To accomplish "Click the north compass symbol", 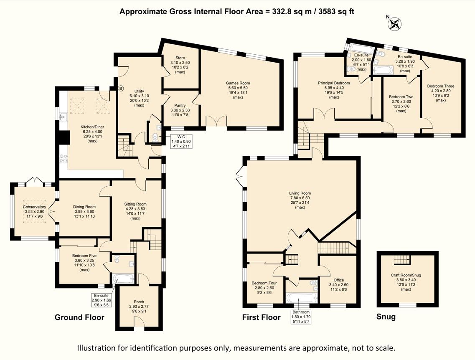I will pos(394,23).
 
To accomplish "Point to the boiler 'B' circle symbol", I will pos(121,89).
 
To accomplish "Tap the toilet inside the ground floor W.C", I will pos(155,137).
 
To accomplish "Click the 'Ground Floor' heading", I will pos(79,317).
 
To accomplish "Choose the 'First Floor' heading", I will pos(261,317).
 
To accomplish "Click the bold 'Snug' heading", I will pos(386,317).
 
